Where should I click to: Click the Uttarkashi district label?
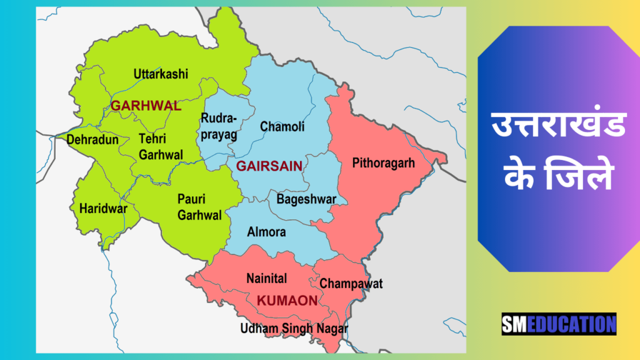click(x=161, y=74)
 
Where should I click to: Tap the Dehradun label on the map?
click(x=92, y=140)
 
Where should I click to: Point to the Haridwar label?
click(x=103, y=209)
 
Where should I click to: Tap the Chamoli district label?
click(x=282, y=127)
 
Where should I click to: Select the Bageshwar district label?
click(x=306, y=199)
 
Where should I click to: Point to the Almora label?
click(x=266, y=232)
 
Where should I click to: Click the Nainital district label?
click(x=266, y=278)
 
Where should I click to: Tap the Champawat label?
click(x=351, y=284)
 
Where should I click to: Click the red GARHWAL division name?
click(x=146, y=106)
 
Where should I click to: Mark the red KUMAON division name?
click(x=287, y=301)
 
